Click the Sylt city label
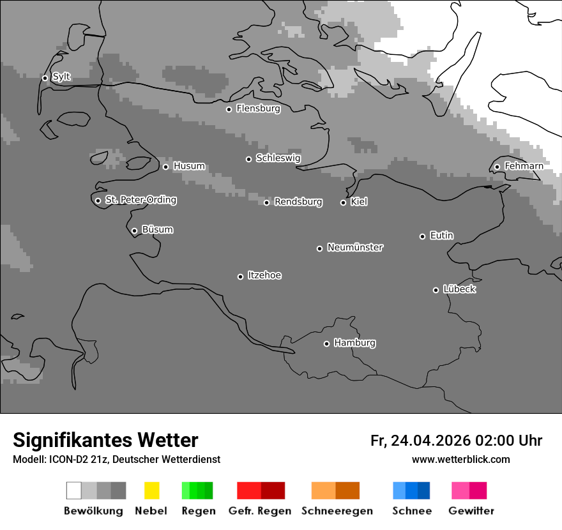(x=61, y=77)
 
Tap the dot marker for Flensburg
(x=229, y=109)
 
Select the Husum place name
(x=189, y=166)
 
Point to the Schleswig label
(x=278, y=158)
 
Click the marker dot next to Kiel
(x=343, y=202)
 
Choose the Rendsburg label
(x=298, y=202)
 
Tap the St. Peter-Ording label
(x=140, y=200)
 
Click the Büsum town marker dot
(x=134, y=231)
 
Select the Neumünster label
(x=355, y=247)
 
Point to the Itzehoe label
(x=264, y=275)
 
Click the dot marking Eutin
(x=422, y=236)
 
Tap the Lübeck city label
(x=459, y=289)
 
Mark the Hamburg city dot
(x=326, y=344)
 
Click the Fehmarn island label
(x=524, y=166)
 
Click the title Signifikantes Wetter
(x=105, y=441)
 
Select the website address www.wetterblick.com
(x=460, y=459)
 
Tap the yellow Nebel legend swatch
(x=151, y=490)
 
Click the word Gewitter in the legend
(x=471, y=511)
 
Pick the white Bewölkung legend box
(x=74, y=490)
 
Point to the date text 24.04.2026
(x=430, y=441)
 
